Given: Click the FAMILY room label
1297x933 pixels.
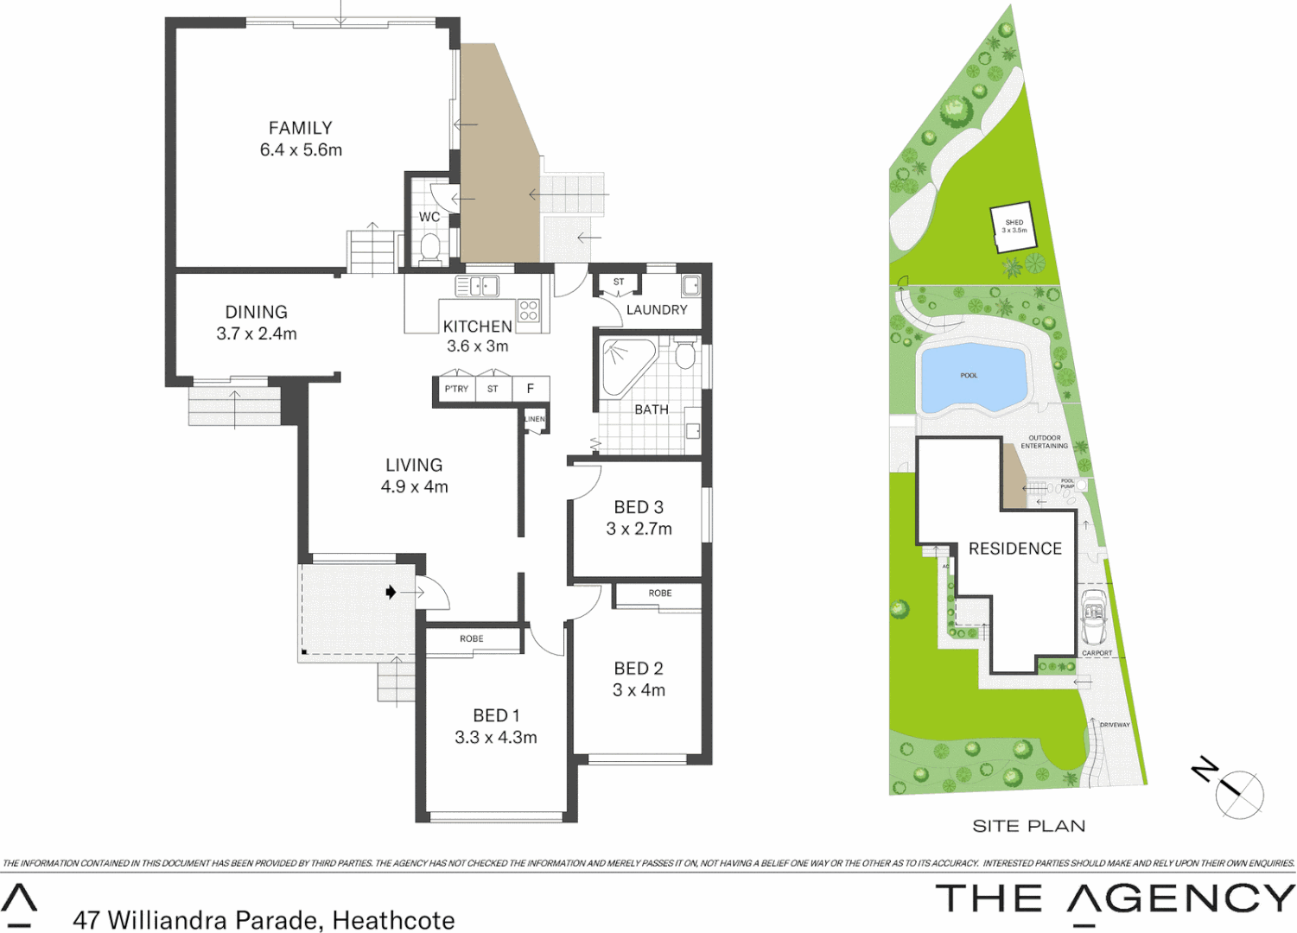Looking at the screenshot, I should point(300,129).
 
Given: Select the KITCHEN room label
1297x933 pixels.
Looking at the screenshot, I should point(477,327).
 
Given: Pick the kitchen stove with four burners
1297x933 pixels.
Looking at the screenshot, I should point(529,311).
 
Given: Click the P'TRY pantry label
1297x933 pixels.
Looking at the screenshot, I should point(456,390).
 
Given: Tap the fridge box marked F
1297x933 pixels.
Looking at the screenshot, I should point(531,390).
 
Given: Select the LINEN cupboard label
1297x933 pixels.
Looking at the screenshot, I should point(535,420).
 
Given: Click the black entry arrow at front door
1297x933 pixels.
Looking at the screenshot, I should point(391,593).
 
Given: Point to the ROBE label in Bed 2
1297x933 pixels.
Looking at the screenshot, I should point(660,593).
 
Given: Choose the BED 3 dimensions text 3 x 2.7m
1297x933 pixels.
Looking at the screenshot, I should point(639,530).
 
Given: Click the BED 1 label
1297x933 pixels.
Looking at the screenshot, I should point(496,715).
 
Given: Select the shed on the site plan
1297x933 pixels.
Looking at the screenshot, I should point(1013,227).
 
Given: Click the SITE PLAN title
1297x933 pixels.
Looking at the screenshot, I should point(1028,827).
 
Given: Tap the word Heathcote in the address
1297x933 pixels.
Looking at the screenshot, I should point(393,921).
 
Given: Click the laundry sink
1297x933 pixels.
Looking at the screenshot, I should point(690,285).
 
